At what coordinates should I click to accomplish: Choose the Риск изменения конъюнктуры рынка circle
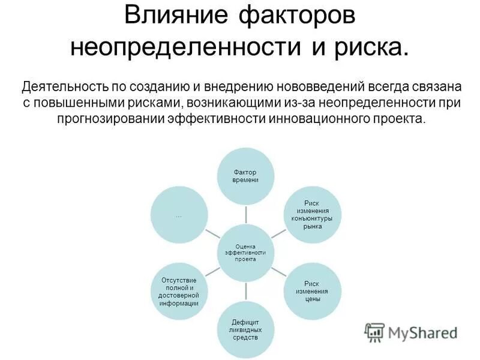pyautogui.click(x=313, y=214)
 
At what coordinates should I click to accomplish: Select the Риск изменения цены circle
pyautogui.click(x=313, y=290)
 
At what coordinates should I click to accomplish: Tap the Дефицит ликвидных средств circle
pyautogui.click(x=246, y=330)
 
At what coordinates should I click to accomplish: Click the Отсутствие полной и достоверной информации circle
pyautogui.click(x=179, y=290)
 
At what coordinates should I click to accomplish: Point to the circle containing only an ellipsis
pyautogui.click(x=179, y=214)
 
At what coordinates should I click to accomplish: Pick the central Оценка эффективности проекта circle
pyautogui.click(x=246, y=253)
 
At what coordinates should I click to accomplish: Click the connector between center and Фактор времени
pyautogui.click(x=246, y=213)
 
